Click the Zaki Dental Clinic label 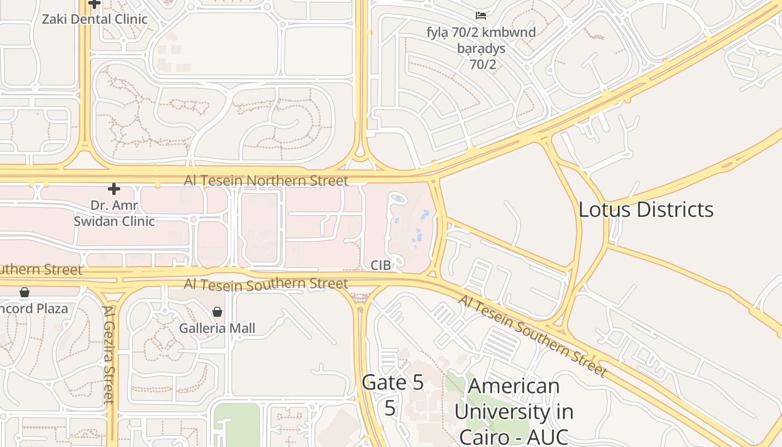(95, 19)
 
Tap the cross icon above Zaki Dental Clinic (94, 4)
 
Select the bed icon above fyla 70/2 (480, 15)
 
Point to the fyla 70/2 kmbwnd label (480, 32)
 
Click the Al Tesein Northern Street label (266, 180)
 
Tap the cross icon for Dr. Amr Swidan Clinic (114, 189)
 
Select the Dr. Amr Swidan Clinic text (114, 213)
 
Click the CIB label (380, 265)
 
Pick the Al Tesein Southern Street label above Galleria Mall (266, 284)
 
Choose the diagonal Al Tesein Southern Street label (532, 335)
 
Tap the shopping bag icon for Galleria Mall (217, 312)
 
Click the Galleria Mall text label (217, 328)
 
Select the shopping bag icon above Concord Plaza (25, 292)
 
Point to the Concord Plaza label (34, 308)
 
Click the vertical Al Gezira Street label (108, 354)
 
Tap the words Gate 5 (393, 383)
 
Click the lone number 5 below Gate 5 (390, 408)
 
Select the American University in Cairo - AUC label (513, 411)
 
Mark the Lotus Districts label (646, 210)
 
